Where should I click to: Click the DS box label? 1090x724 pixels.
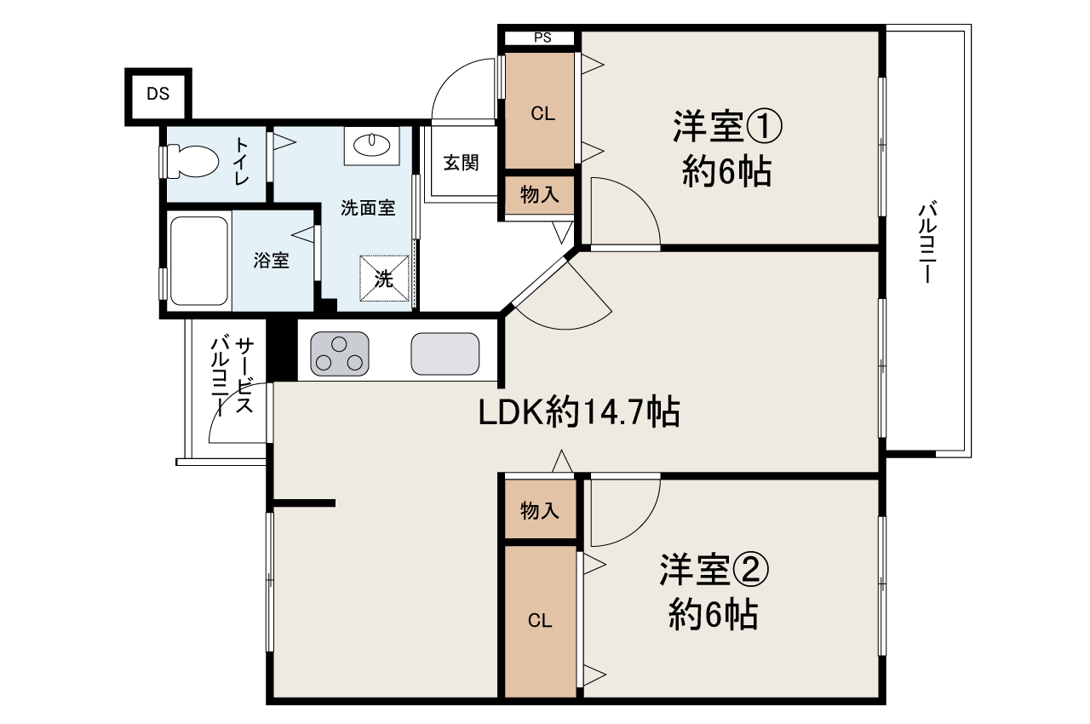tap(158, 95)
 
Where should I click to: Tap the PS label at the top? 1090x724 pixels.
tap(542, 37)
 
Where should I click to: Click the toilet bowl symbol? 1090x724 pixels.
tap(192, 160)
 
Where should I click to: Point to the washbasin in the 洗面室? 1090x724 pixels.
tap(371, 145)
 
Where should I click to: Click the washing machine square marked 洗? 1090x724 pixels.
tap(384, 278)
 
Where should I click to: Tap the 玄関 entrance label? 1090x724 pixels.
tap(461, 163)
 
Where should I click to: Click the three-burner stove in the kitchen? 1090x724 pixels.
tap(340, 353)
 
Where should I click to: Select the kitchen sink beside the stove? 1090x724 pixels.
tap(445, 353)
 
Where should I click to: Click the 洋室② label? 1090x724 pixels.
tap(714, 571)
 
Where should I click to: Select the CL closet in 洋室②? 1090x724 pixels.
tap(540, 621)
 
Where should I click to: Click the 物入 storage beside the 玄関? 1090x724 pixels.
tap(539, 195)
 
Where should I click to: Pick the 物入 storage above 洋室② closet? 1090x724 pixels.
tap(540, 510)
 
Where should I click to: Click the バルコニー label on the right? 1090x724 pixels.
tap(928, 243)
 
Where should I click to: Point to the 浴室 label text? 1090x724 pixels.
tap(272, 261)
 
